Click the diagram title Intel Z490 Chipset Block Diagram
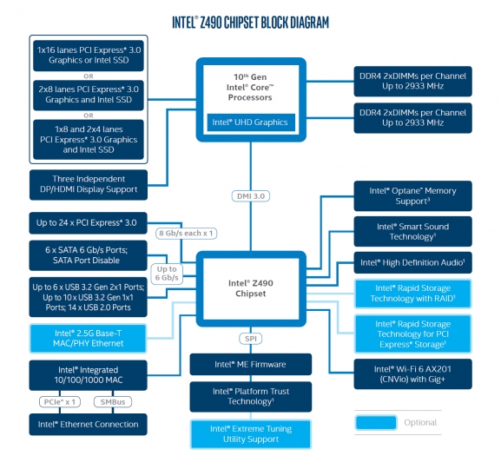(x=250, y=20)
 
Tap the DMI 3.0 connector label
(x=251, y=195)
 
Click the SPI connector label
(x=251, y=337)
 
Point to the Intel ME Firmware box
(x=251, y=364)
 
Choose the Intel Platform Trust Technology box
(x=251, y=396)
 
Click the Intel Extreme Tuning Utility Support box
(x=251, y=434)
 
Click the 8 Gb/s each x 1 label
(x=186, y=234)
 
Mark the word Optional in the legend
(x=420, y=422)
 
